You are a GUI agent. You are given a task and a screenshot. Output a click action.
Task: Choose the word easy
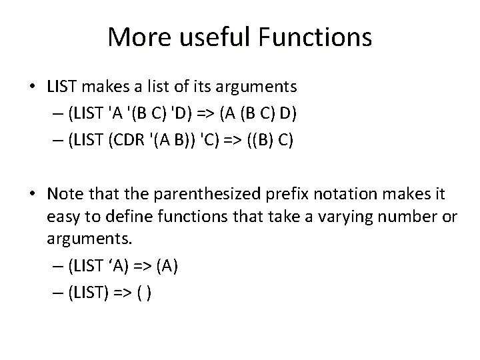pos(61,219)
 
